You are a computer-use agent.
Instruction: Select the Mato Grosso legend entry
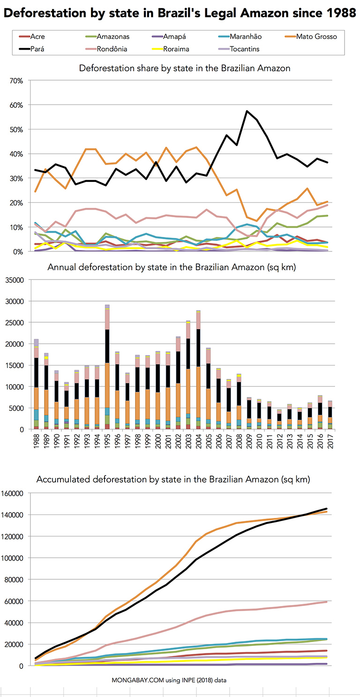311,37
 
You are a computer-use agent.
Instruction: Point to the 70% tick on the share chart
16,81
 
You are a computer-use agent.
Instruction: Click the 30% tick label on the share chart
16,178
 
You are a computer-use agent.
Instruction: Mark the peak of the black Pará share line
247,111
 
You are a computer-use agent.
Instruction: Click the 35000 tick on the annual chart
15,280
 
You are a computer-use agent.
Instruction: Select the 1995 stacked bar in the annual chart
107,367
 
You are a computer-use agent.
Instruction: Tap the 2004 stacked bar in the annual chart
198,370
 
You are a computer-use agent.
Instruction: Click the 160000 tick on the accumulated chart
12,493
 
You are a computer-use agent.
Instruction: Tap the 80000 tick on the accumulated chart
14,580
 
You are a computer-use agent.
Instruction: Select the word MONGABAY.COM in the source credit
138,680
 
